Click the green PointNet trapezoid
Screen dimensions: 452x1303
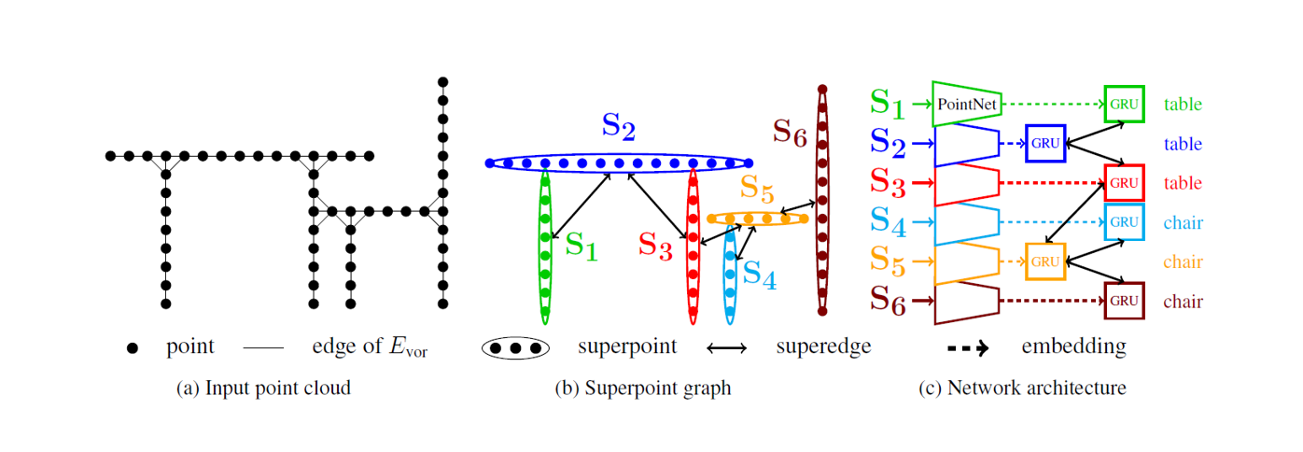point(966,104)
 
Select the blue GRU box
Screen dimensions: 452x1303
point(1044,143)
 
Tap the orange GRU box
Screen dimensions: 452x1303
point(1044,261)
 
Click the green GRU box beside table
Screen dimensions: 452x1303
point(1124,104)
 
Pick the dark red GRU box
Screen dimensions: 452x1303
point(1124,301)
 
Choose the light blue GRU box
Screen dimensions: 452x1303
point(1124,222)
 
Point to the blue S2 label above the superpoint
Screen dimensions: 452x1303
point(619,127)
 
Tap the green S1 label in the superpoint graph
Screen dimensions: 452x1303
point(581,246)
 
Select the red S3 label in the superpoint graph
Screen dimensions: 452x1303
point(655,246)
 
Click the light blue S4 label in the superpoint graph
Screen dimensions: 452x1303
point(759,275)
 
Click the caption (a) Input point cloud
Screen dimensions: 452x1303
point(263,388)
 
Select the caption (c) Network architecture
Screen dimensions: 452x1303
point(1022,388)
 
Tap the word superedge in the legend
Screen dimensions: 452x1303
point(823,347)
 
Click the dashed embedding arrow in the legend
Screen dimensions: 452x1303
point(967,348)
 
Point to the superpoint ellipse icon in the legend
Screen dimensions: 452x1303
point(515,348)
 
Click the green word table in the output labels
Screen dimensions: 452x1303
point(1183,105)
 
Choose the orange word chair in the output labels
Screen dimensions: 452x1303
point(1183,262)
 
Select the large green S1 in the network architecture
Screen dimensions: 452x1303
point(887,103)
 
